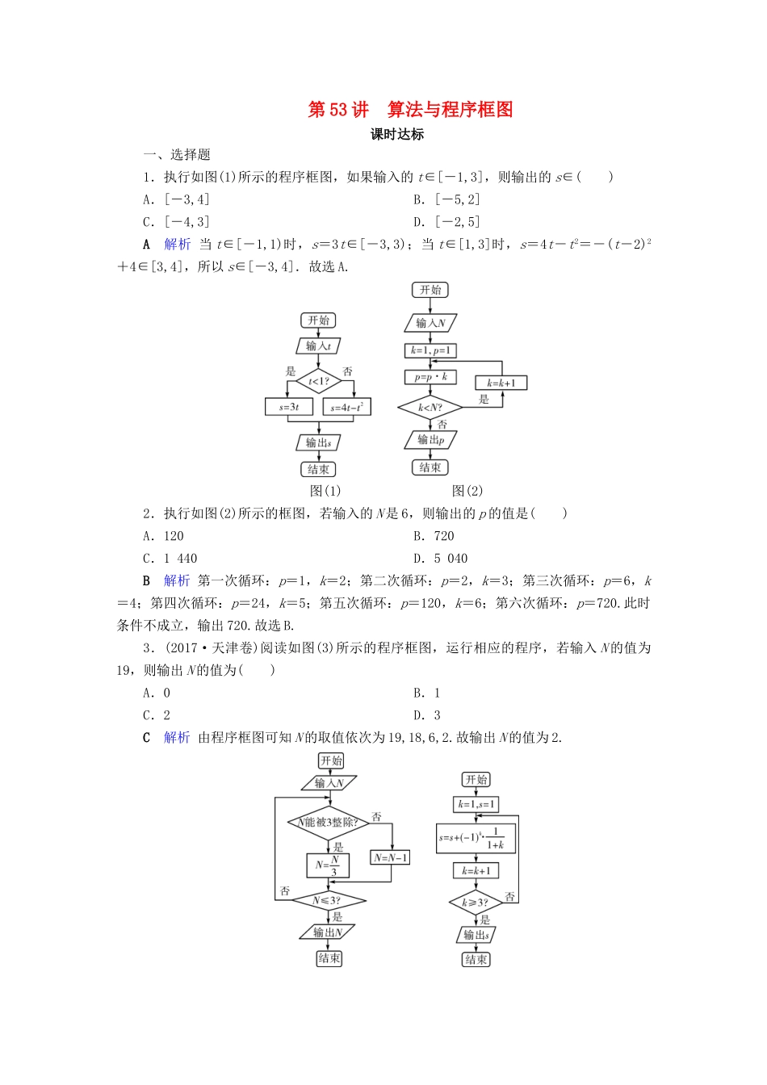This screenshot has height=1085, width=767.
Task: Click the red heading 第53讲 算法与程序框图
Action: pos(410,110)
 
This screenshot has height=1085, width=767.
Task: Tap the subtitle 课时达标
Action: pos(397,135)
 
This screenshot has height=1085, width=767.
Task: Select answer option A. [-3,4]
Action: pos(176,199)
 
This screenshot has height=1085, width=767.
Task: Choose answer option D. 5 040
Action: pos(441,559)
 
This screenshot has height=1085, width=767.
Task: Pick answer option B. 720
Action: pos(434,536)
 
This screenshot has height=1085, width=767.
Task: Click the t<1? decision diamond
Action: pos(319,381)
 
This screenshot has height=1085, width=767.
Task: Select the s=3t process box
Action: pos(289,407)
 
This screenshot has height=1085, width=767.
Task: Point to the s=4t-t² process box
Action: pos(347,407)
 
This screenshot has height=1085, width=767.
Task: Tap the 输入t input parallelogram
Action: pos(319,346)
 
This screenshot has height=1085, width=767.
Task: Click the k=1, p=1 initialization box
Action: pos(430,350)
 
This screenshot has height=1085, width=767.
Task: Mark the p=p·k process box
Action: pos(430,377)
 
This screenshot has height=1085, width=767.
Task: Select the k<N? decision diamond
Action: pos(430,408)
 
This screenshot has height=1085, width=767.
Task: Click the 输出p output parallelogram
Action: pos(430,440)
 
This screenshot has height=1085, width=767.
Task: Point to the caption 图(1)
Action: pos(325,491)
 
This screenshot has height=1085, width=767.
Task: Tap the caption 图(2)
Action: pos(467,491)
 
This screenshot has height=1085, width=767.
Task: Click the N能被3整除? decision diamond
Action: pos(329,823)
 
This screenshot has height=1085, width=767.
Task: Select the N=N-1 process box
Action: pos(391,857)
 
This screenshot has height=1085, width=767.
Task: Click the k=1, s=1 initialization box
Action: pos(476,804)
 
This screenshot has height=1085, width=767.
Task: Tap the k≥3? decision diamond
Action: pos(476,903)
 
